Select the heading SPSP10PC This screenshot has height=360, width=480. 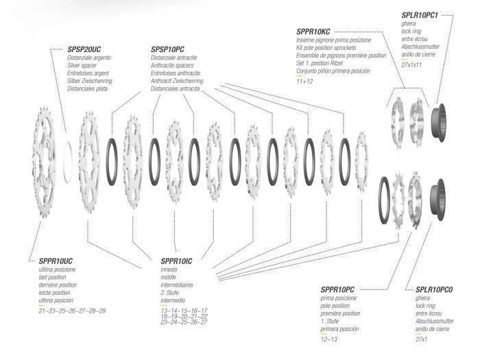pyautogui.click(x=167, y=50)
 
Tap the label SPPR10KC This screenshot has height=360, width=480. pyautogui.click(x=313, y=32)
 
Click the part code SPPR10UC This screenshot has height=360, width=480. pyautogui.click(x=47, y=261)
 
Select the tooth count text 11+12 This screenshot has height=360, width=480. pyautogui.click(x=304, y=82)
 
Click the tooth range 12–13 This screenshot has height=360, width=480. pyautogui.click(x=329, y=339)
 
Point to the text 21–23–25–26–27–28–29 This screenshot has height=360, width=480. pyautogui.click(x=72, y=311)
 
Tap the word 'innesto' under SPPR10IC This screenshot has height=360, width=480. pyautogui.click(x=169, y=269)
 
